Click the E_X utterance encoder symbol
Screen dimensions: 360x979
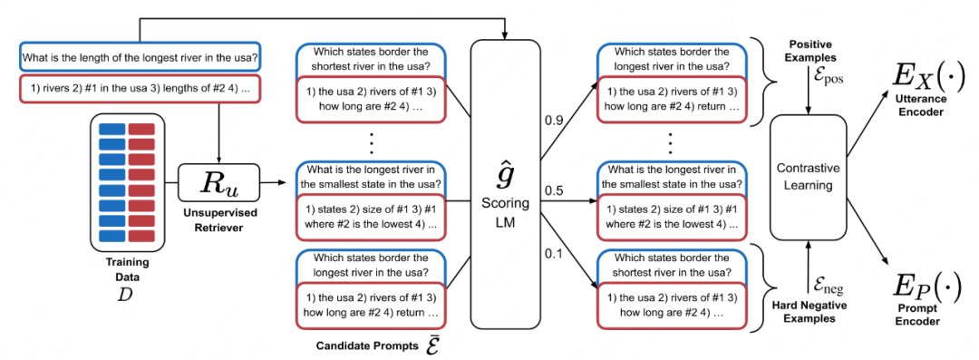click(919, 72)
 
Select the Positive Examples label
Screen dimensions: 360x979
click(810, 52)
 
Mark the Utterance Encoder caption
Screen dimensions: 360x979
click(919, 102)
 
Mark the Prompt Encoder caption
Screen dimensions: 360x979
click(919, 316)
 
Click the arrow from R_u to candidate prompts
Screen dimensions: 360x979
click(274, 181)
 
